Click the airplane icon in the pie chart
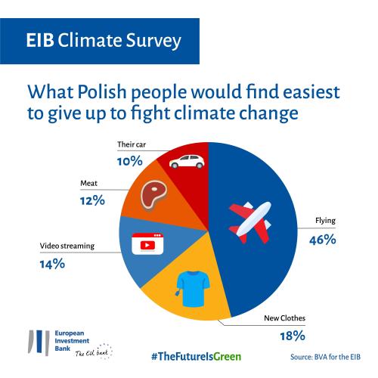(250, 222)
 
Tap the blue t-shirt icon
(193, 289)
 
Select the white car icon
(187, 161)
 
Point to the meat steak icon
(153, 196)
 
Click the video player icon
(147, 243)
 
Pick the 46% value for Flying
(323, 240)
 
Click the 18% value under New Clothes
(293, 336)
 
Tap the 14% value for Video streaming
(52, 264)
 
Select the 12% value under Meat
(92, 200)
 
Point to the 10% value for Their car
(130, 161)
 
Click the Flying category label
(325, 221)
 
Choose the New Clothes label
(284, 318)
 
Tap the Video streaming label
(67, 246)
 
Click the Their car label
(132, 144)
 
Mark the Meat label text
(88, 183)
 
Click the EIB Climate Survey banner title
(104, 40)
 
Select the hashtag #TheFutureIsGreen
(197, 357)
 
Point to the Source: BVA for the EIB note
(325, 357)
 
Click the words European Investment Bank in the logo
(72, 341)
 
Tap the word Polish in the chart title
(102, 91)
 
